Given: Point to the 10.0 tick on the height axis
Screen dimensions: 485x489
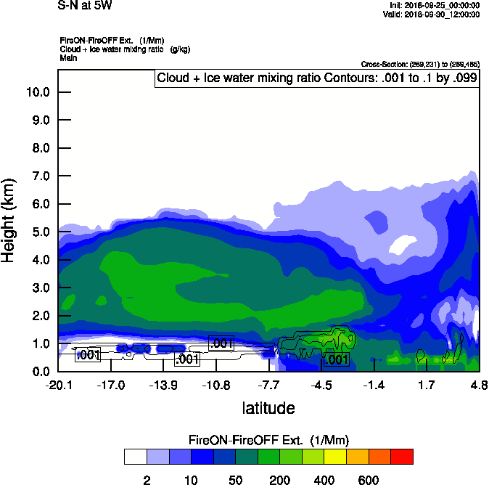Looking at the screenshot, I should click(x=38, y=92).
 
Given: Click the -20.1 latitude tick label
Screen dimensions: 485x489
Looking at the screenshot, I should click(x=58, y=385).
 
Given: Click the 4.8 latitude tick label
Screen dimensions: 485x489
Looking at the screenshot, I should click(x=479, y=385).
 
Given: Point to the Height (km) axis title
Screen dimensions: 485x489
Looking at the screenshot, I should click(x=9, y=220).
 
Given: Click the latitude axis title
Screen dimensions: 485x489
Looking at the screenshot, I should click(x=268, y=408).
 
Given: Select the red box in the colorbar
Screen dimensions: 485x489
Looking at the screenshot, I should click(x=403, y=457).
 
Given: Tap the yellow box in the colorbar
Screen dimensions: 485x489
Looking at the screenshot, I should click(x=335, y=457).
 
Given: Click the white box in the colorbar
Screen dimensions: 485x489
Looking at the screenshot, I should click(x=135, y=457).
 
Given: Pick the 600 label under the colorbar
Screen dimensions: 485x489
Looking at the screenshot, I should click(x=369, y=481).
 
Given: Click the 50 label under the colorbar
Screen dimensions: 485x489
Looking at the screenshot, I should click(x=235, y=481).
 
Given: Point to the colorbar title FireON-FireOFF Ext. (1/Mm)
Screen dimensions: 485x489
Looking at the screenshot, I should click(x=269, y=441).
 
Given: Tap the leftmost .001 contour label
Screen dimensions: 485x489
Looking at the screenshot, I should click(x=88, y=355).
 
